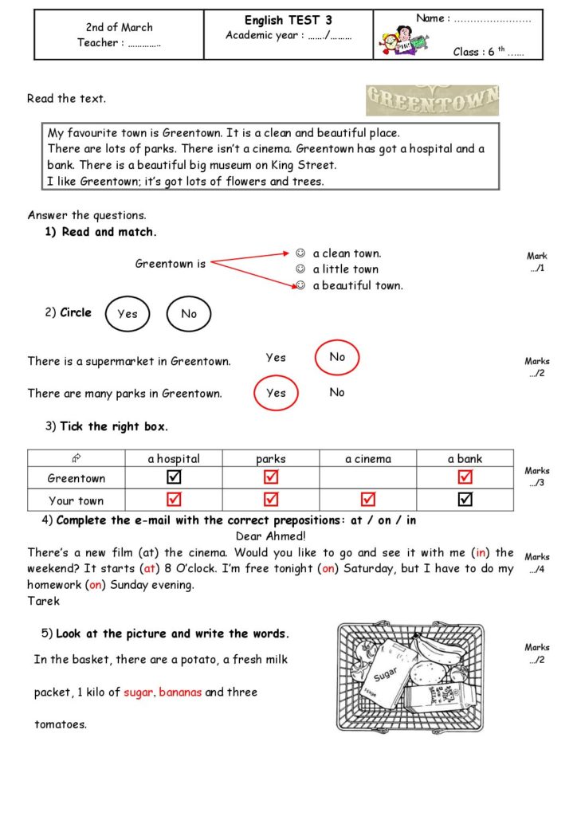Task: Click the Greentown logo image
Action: pos(433,100)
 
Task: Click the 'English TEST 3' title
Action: pos(288,20)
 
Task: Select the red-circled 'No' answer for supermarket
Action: pos(337,357)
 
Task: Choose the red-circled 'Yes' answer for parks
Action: pos(276,393)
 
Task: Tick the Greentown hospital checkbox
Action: pos(174,477)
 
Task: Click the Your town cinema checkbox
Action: pos(368,500)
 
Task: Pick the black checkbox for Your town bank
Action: pos(465,500)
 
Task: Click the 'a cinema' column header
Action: pos(368,459)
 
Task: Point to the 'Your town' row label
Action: pos(77,500)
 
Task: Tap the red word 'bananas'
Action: pos(180,692)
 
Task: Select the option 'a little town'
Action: pos(345,269)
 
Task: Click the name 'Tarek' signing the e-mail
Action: pos(43,601)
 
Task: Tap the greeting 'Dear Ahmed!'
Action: pos(271,536)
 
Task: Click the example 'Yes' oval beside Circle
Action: pos(128,313)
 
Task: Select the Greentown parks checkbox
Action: pos(271,477)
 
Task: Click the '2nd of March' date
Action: pos(119,27)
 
